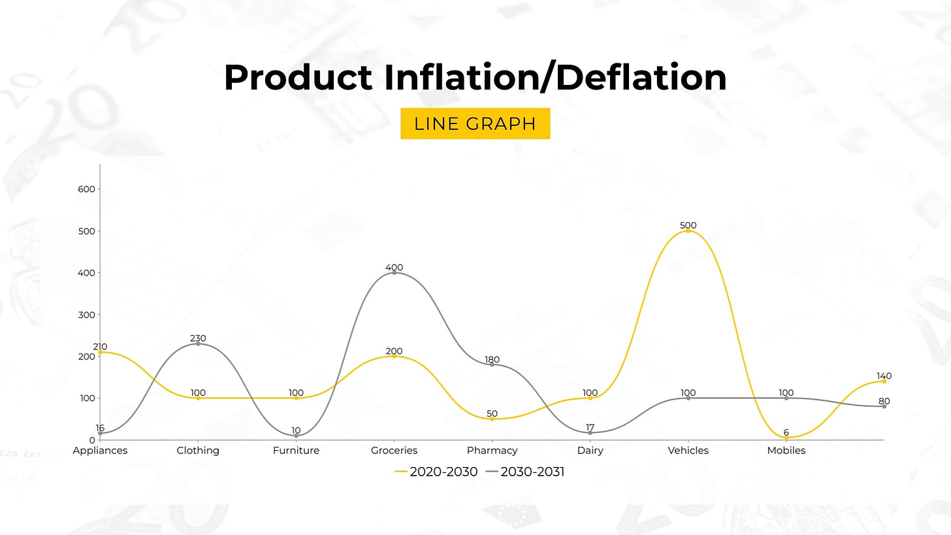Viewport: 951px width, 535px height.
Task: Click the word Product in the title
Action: tap(298, 78)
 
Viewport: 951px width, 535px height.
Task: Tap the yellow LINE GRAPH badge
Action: tap(475, 123)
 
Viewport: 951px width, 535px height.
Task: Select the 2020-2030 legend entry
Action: tap(436, 472)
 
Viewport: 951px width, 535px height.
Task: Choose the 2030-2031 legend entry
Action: tap(525, 472)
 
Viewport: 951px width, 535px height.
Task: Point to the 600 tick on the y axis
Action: tap(87, 189)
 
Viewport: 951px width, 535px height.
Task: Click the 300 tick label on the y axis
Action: tap(87, 315)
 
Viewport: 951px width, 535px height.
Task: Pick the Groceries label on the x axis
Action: tap(394, 451)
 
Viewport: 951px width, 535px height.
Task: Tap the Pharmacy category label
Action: tap(492, 451)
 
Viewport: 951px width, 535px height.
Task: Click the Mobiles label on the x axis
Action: tap(786, 451)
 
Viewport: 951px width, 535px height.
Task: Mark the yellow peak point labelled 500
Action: tap(688, 231)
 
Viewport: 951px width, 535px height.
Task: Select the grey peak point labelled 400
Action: tap(394, 272)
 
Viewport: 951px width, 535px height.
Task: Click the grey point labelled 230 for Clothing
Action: tap(198, 344)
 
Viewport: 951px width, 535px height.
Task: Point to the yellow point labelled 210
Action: tap(100, 352)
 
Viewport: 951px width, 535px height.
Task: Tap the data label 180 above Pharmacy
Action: tap(492, 360)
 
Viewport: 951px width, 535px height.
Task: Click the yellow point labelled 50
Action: tap(492, 419)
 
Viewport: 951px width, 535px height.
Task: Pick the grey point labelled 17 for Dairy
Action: tap(590, 432)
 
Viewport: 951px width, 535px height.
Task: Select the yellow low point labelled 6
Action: tap(786, 438)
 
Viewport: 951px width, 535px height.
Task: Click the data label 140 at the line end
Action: tap(884, 376)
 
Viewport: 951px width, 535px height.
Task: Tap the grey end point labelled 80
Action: tap(884, 406)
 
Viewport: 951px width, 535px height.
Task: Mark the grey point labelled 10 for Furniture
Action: tap(296, 436)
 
